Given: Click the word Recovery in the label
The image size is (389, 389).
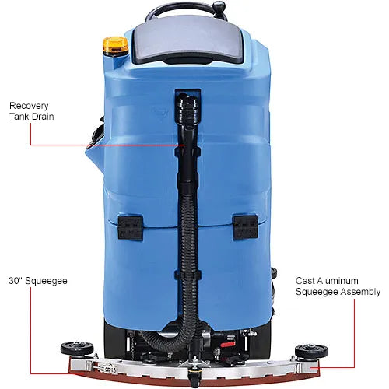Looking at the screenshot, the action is (29, 106).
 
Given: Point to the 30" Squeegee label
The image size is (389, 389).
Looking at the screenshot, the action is (38, 281).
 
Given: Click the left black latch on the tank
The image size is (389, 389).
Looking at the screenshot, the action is (131, 227).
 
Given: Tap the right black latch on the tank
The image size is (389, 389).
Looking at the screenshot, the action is (245, 227).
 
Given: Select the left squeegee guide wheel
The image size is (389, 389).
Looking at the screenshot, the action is (77, 349).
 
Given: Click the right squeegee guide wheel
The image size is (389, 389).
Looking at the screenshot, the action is (311, 352).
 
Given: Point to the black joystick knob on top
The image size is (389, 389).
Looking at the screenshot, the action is (219, 6).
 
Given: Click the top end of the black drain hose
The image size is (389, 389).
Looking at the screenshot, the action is (188, 96).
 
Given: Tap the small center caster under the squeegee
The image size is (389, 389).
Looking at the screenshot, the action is (192, 378).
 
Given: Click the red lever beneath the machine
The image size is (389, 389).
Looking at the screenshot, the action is (228, 344).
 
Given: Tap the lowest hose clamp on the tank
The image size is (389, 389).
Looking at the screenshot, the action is (188, 275).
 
